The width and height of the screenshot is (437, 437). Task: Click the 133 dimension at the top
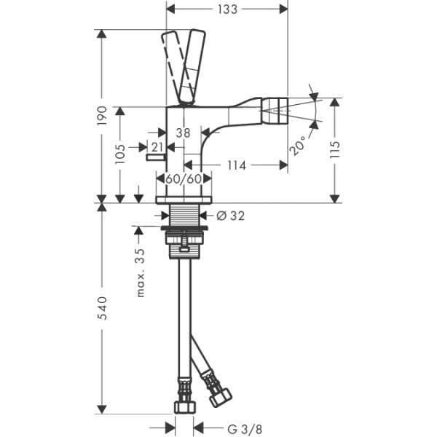227,9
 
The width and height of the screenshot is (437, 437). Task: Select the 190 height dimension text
102,116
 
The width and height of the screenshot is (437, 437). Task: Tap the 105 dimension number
120,154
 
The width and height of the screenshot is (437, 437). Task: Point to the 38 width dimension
183,133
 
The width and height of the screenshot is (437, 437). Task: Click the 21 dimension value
157,147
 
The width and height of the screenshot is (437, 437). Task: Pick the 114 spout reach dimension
237,165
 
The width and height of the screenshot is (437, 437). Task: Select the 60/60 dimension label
184,178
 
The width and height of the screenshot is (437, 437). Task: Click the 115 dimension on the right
335,149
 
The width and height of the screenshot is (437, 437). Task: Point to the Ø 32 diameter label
230,216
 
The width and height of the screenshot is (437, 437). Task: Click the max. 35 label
141,272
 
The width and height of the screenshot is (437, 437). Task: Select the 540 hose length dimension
102,307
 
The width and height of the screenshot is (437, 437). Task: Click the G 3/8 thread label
245,429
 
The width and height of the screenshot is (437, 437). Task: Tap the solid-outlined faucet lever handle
192,66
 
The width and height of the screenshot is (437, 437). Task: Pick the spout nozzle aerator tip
275,111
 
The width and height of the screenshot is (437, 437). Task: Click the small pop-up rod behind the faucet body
156,158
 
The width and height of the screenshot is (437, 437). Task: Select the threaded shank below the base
184,215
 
